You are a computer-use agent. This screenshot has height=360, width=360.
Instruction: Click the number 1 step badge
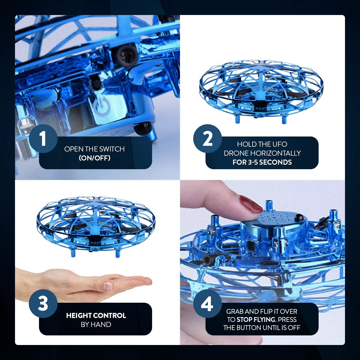(43, 139)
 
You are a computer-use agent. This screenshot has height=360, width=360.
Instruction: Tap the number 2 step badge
(207, 139)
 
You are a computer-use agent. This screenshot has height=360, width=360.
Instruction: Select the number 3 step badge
(43, 303)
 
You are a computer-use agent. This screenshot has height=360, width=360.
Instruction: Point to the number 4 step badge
(207, 303)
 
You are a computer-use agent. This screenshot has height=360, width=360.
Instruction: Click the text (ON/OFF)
(94, 158)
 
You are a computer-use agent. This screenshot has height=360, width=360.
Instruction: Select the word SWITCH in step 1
(112, 149)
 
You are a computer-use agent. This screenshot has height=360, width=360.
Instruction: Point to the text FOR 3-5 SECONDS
(262, 162)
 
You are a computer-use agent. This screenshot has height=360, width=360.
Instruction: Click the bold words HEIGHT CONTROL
(96, 316)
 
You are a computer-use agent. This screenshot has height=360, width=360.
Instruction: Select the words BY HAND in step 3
(96, 325)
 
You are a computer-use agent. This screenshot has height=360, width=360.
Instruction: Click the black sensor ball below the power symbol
(143, 128)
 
